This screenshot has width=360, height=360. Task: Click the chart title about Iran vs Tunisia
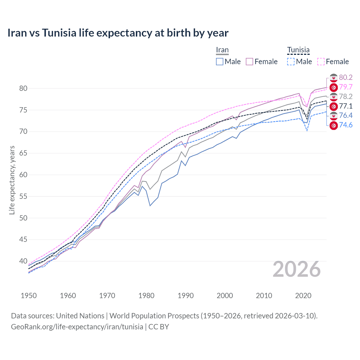point(118,33)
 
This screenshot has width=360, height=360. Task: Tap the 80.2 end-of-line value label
point(346,77)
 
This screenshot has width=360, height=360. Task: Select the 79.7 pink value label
point(346,87)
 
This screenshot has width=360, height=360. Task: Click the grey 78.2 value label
point(346,96)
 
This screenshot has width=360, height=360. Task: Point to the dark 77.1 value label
point(346,106)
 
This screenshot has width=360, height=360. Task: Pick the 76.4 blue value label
point(346,115)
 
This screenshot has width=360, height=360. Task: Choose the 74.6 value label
point(346,125)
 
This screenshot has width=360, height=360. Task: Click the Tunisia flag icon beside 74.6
point(334,125)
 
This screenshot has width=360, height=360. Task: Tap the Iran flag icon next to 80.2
point(334,78)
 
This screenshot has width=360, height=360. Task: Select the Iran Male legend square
point(220,62)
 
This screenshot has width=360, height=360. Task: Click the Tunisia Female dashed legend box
point(321,62)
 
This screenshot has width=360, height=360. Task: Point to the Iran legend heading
point(222,50)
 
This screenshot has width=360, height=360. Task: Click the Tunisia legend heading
point(298,50)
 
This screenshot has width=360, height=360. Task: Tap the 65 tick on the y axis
point(23,153)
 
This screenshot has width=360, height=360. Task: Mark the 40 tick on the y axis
point(23,261)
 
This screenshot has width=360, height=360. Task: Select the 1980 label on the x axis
point(146,296)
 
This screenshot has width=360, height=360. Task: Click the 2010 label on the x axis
point(264,296)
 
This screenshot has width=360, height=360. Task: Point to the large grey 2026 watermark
point(297,269)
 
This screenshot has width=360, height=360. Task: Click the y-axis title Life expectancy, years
point(12,180)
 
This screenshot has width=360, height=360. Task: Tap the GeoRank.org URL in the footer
point(77,327)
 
